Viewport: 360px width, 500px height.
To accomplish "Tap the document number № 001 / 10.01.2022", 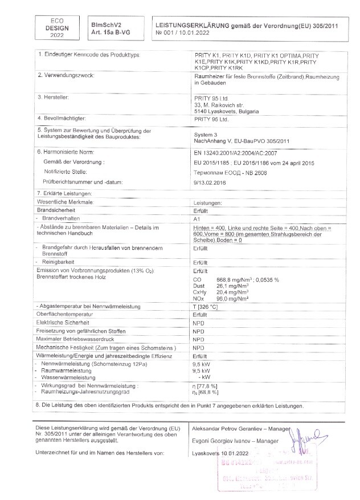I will (x=183, y=33).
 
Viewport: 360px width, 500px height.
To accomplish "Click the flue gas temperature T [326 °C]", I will (x=207, y=307).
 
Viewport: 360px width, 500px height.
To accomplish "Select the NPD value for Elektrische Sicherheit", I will (x=198, y=323).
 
